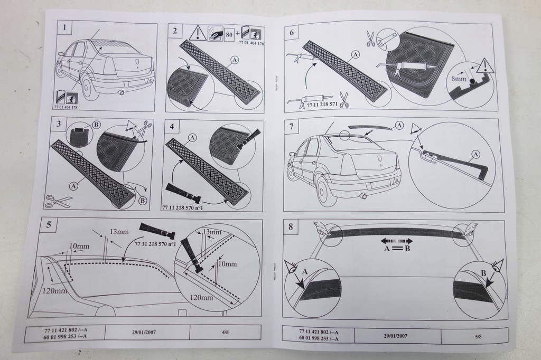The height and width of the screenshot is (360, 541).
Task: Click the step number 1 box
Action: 64,27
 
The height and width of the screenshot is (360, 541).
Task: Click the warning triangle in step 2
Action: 197,33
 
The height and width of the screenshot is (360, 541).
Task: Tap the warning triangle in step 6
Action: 484,66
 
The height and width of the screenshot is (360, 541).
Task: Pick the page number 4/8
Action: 225,332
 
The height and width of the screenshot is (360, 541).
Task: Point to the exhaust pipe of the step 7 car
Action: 362,196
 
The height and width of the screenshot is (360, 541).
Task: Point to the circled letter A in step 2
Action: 234,60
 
